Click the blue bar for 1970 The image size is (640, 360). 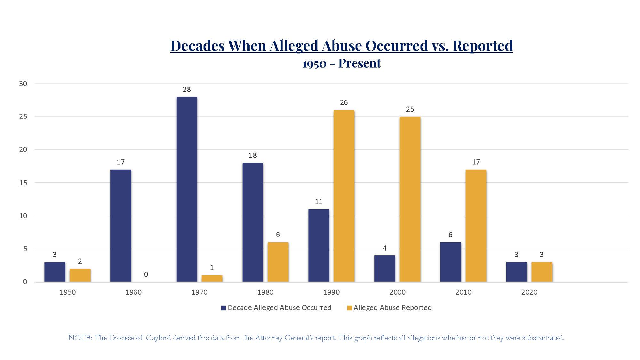click(187, 189)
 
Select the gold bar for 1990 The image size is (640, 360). click(344, 196)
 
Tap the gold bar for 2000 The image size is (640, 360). click(410, 199)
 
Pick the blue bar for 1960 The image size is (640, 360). click(121, 226)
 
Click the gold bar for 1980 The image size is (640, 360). click(278, 262)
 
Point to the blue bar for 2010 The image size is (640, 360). click(451, 262)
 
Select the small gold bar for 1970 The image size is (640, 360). click(212, 278)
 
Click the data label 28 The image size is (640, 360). click(187, 90)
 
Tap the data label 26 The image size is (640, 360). click(344, 103)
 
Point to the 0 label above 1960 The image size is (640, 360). click(146, 274)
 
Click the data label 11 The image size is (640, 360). click(318, 202)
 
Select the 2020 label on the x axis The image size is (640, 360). click(529, 292)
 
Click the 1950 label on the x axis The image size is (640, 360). click(68, 292)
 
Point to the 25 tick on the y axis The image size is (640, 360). click(23, 117)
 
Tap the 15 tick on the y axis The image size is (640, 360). click(23, 183)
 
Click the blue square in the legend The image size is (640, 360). click(223, 308)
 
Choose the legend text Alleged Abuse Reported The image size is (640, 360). click(392, 308)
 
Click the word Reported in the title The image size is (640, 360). click(483, 46)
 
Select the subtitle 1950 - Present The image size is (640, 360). click(341, 63)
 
